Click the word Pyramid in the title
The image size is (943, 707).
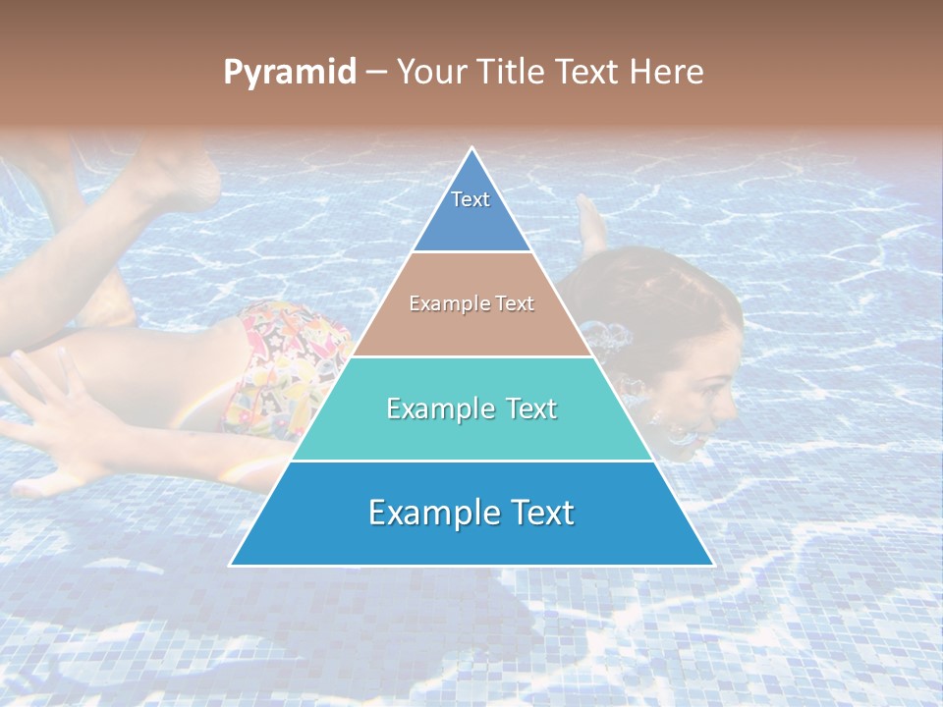[x=290, y=73]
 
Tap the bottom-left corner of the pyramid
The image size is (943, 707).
[x=232, y=565]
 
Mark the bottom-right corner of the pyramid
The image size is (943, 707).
[x=712, y=565]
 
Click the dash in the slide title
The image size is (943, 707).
[x=376, y=73]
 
